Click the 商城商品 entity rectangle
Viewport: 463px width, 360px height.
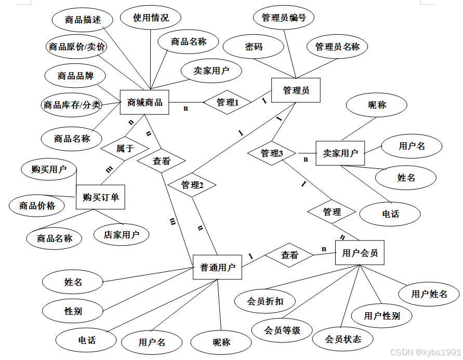point(145,102)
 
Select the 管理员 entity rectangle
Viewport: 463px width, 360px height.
point(296,90)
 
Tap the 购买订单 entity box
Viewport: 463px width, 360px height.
point(101,197)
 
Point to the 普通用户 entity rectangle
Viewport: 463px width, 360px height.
point(218,268)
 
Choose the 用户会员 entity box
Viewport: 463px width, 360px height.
point(360,253)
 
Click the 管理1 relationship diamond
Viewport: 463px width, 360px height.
point(227,102)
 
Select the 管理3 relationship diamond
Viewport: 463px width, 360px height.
point(272,153)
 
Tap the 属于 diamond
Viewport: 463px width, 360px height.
point(125,148)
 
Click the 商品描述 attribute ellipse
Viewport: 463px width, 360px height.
point(83,20)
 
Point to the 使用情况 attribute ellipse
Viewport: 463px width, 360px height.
point(151,18)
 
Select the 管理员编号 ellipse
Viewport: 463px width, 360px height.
point(284,18)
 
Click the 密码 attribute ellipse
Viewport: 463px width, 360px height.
point(254,47)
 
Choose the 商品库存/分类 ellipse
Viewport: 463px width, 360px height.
point(72,105)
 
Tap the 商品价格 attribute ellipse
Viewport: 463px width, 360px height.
point(37,205)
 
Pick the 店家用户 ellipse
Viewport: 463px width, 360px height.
point(122,234)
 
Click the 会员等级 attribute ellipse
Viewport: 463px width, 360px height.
point(282,330)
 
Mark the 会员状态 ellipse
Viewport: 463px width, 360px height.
point(343,339)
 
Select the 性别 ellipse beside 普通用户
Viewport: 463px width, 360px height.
point(73,311)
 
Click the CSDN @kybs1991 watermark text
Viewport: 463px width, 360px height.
point(425,352)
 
